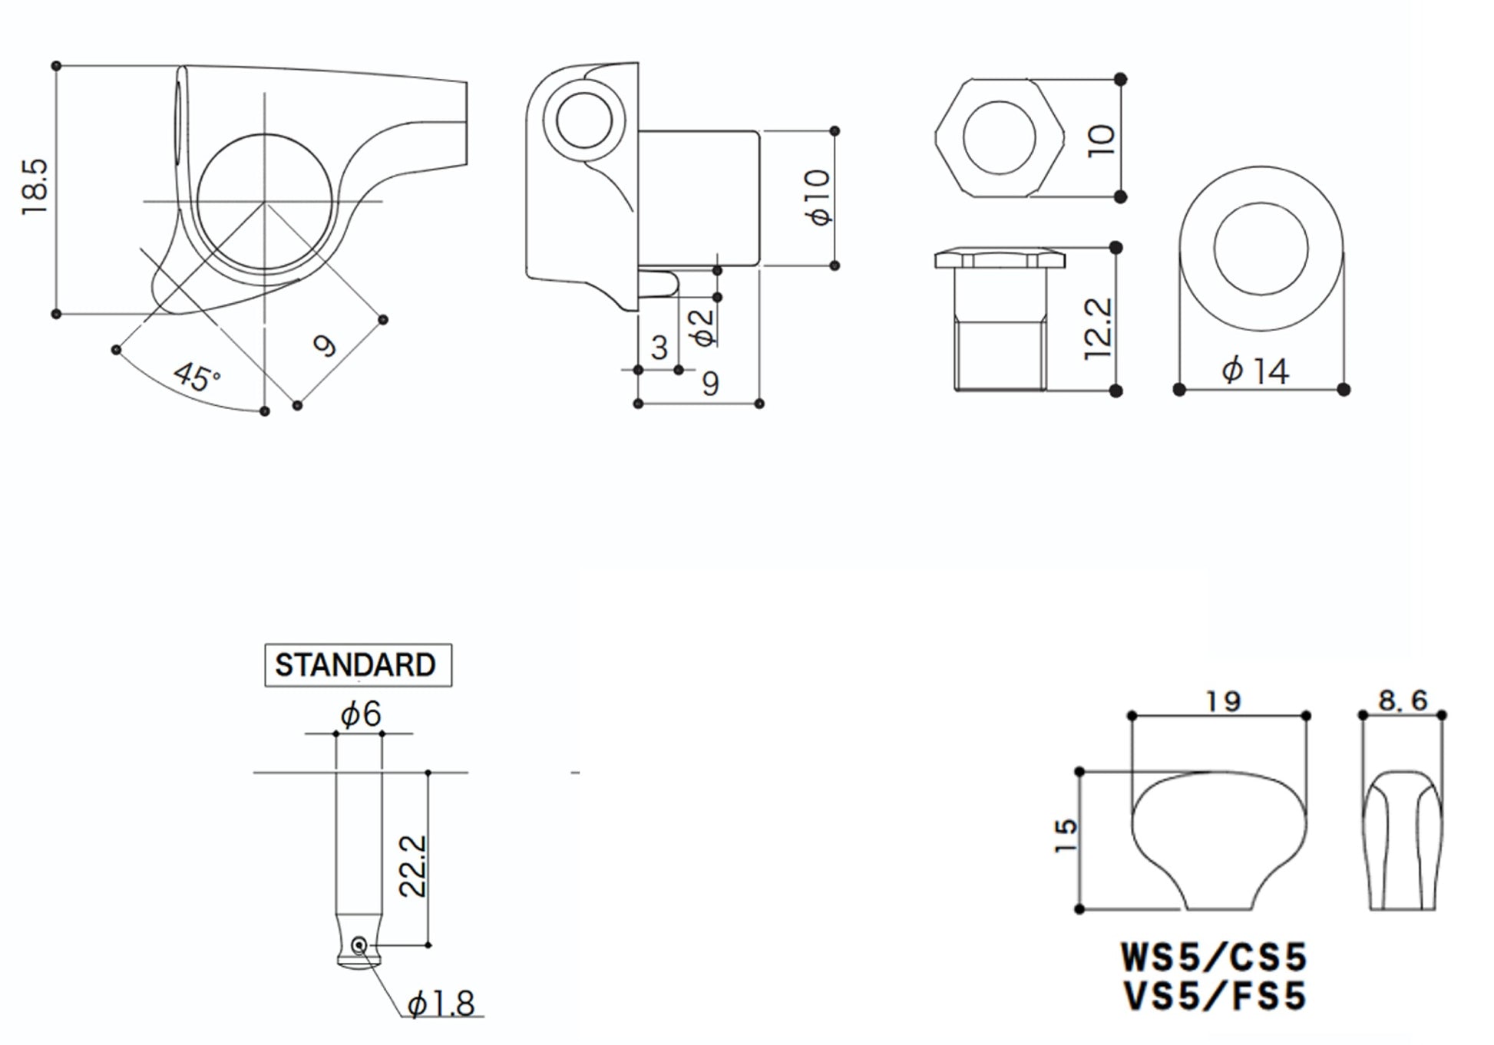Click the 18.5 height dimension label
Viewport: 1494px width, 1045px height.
(x=35, y=186)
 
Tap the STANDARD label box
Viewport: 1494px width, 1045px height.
(x=358, y=664)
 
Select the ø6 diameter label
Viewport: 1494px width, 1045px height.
(x=361, y=714)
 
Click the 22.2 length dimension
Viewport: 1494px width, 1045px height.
(x=412, y=866)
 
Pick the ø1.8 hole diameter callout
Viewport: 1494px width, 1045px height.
(x=441, y=1003)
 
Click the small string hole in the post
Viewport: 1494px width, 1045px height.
(x=359, y=944)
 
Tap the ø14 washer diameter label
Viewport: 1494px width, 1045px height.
(x=1255, y=371)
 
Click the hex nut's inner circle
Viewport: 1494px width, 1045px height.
(x=999, y=137)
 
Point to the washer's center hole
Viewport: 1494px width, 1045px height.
(x=1261, y=249)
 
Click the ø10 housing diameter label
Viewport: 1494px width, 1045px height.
(x=818, y=197)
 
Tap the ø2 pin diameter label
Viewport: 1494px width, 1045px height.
(x=702, y=326)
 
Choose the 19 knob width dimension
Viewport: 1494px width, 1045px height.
(x=1222, y=701)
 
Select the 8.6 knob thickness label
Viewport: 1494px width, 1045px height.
(x=1402, y=700)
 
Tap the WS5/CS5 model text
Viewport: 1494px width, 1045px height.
(x=1214, y=957)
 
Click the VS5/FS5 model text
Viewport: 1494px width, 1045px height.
(x=1214, y=997)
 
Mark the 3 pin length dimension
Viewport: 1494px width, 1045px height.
(x=659, y=348)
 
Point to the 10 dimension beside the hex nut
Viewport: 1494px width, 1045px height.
(x=1102, y=140)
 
